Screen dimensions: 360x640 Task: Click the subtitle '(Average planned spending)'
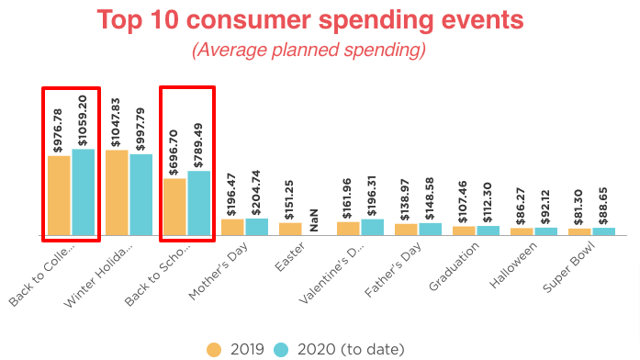[x=320, y=51]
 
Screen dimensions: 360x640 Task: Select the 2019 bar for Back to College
[x=59, y=195]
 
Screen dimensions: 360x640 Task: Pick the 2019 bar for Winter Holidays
[x=117, y=192]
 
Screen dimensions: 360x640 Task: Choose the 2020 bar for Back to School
[x=199, y=203]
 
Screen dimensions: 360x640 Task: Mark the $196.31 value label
[x=373, y=196]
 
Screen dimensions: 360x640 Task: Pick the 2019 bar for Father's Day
[x=406, y=229]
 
